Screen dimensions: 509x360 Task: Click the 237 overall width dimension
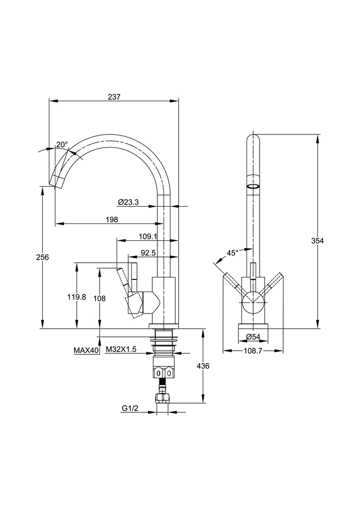tap(115, 97)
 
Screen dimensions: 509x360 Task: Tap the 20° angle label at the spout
tap(62, 145)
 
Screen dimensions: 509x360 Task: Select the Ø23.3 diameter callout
tap(128, 202)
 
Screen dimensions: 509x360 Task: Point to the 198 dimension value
tap(113, 219)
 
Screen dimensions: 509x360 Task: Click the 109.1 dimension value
tap(148, 237)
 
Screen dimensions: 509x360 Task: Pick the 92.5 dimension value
tap(148, 252)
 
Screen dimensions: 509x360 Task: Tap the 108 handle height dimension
tap(99, 299)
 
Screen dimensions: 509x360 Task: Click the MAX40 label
tap(86, 350)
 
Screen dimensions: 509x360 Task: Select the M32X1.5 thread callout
tap(121, 350)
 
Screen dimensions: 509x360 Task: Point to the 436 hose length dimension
tap(203, 366)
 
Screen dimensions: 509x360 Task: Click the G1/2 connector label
tap(130, 408)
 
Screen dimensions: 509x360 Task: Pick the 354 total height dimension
tap(317, 241)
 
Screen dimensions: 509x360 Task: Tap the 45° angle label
tap(233, 252)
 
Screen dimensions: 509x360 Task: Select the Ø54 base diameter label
tap(253, 337)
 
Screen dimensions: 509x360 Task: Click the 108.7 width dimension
tap(254, 351)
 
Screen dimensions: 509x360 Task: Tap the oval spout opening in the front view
tap(253, 186)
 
